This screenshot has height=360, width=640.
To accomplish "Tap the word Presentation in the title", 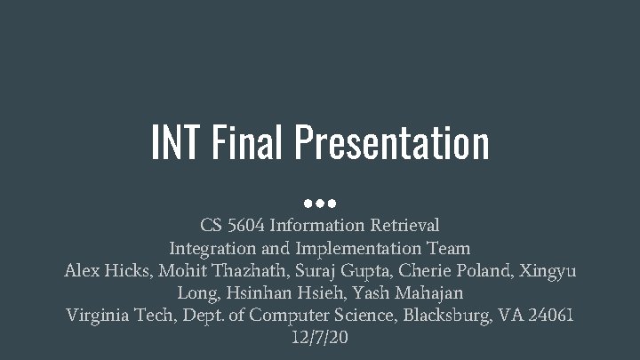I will tap(393, 144).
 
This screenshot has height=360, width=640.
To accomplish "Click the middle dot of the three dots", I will tap(320, 193).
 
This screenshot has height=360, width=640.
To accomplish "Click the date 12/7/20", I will tap(320, 337).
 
